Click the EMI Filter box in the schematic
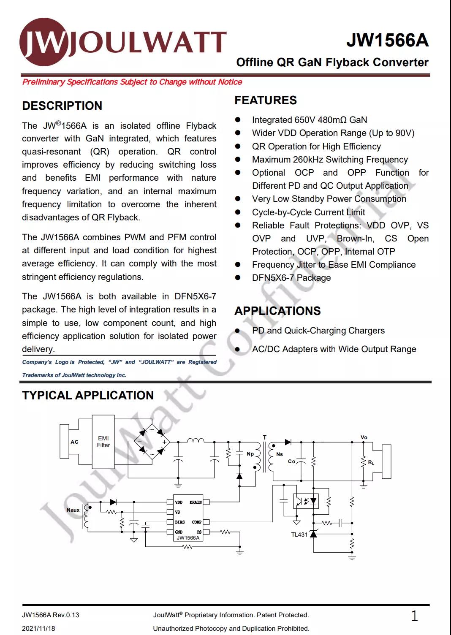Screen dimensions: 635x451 tap(103, 442)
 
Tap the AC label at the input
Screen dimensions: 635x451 tap(74, 442)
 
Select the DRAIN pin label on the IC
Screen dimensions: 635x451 tap(196, 502)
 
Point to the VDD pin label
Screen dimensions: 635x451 tap(179, 502)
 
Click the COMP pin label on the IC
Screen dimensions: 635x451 tap(197, 522)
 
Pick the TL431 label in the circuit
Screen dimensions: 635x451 tap(299, 535)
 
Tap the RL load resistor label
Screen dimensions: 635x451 tap(371, 463)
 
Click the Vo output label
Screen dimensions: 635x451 tap(364, 437)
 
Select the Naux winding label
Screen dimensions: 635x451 tap(73, 510)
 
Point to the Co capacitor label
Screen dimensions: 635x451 tap(291, 461)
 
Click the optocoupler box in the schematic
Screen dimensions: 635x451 tap(306, 501)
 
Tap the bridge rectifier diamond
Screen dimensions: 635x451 tap(152, 442)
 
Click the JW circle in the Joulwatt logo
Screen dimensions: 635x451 tap(44, 43)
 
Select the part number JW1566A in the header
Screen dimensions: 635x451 tap(387, 41)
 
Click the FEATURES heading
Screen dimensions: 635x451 tap(266, 100)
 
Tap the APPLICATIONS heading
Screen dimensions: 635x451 tap(277, 311)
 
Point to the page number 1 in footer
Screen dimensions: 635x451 tap(414, 616)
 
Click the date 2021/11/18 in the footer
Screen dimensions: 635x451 tap(38, 628)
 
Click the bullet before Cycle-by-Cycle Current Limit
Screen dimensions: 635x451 tap(238, 212)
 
